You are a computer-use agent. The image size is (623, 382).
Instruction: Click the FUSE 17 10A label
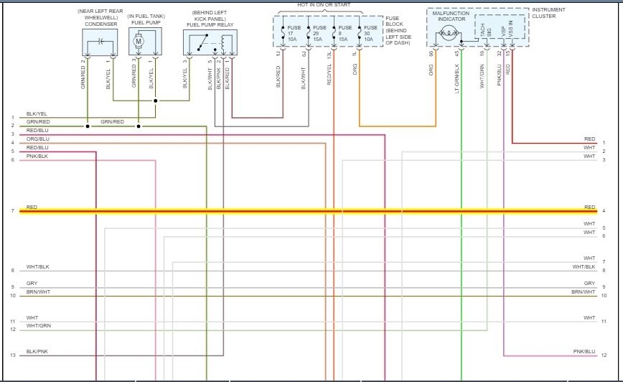click(294, 33)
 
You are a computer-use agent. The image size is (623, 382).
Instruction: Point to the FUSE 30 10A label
click(370, 33)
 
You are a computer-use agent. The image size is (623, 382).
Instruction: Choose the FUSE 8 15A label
click(345, 33)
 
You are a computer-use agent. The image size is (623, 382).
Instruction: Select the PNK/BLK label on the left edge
click(37, 156)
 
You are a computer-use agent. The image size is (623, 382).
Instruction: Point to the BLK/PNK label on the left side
click(37, 352)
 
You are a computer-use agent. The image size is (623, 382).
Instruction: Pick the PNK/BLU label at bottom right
click(584, 352)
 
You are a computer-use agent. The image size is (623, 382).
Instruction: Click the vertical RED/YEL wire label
click(329, 75)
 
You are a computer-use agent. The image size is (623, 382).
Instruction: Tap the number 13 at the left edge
click(12, 355)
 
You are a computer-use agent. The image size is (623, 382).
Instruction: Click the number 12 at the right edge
click(604, 355)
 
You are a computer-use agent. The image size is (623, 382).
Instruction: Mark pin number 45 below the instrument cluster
click(457, 52)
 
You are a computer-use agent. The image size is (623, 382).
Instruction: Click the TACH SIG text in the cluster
click(486, 29)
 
